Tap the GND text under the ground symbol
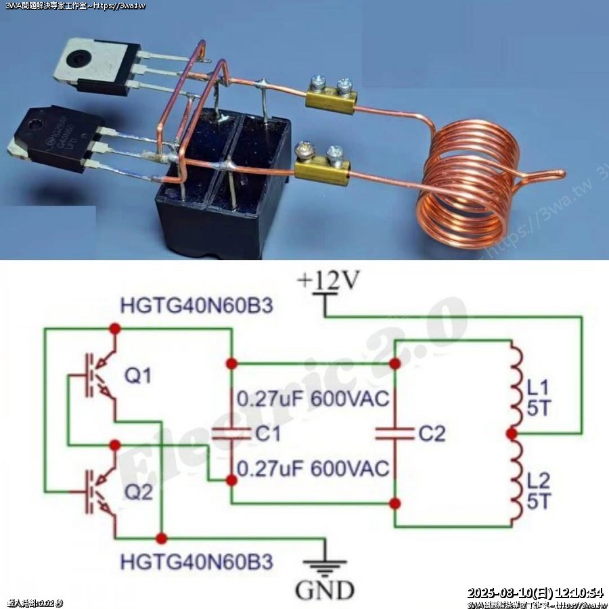click(x=324, y=590)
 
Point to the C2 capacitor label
click(x=432, y=434)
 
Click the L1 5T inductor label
click(x=540, y=399)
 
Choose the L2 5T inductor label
click(x=540, y=492)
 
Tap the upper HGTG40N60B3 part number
click(x=197, y=306)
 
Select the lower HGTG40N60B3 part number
click(x=197, y=562)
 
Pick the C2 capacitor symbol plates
click(x=395, y=433)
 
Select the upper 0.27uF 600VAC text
click(x=313, y=399)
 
